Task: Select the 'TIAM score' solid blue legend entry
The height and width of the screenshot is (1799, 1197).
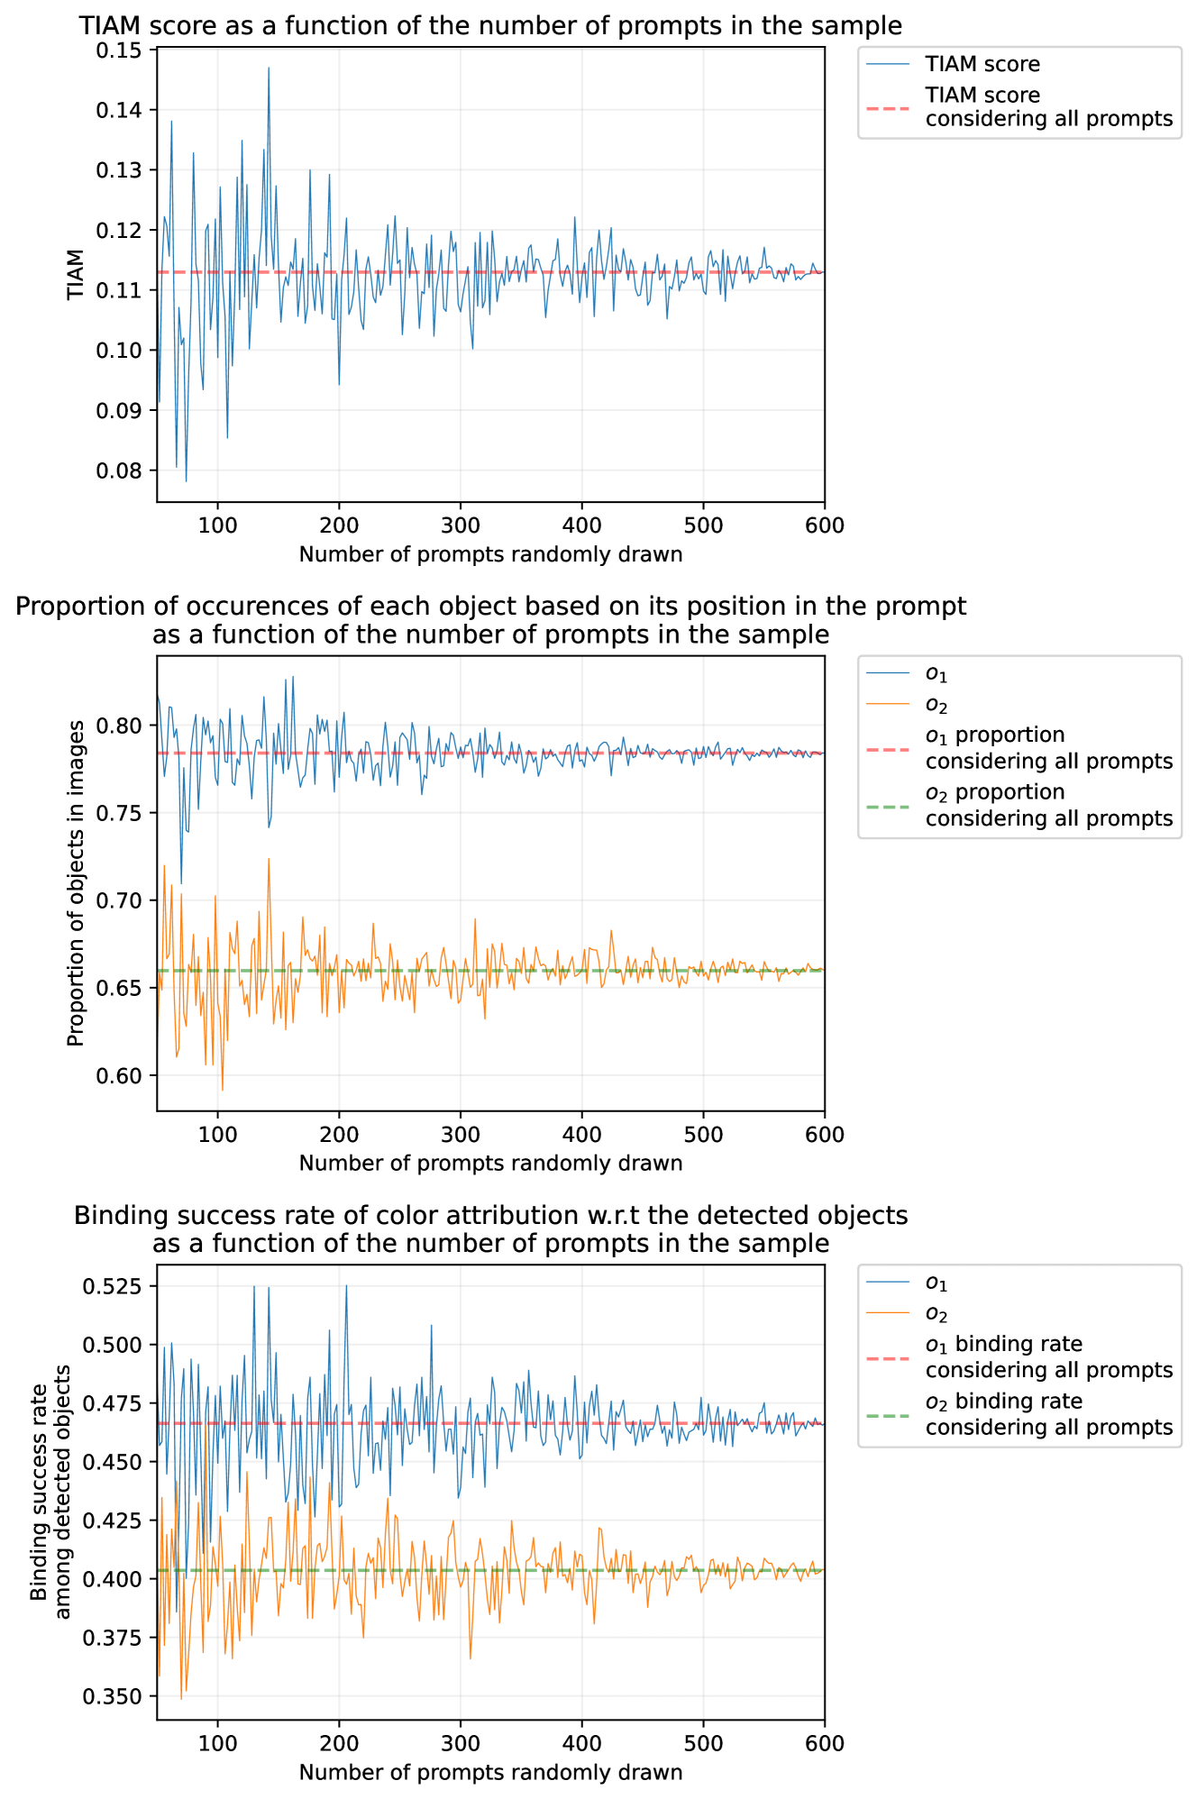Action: pos(982,65)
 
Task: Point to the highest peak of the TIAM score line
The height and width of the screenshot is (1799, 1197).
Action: pos(269,68)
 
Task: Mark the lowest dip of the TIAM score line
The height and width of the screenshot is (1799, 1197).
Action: pos(187,481)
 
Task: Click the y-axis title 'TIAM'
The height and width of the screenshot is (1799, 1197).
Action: pos(76,275)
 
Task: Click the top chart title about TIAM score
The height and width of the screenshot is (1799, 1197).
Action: pos(490,25)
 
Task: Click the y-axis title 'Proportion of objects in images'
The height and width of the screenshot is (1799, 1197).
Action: pos(76,883)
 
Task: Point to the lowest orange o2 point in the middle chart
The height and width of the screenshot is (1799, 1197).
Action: pos(223,1091)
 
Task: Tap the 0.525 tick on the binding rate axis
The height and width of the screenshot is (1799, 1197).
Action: pos(117,1286)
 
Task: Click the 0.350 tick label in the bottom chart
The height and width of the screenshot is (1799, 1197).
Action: pos(117,1696)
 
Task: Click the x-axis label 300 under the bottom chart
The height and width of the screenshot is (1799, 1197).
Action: pos(460,1743)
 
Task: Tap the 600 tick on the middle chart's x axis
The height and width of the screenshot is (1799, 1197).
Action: pos(824,1134)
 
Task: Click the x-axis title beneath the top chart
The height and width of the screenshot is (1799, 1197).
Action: pos(490,554)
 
